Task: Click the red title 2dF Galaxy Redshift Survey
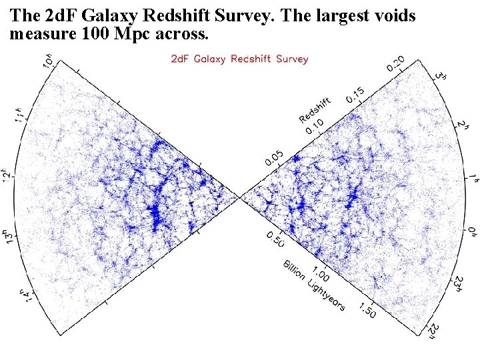240,59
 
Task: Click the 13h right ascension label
9,237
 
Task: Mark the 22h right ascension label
435,328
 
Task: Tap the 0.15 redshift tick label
355,95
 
